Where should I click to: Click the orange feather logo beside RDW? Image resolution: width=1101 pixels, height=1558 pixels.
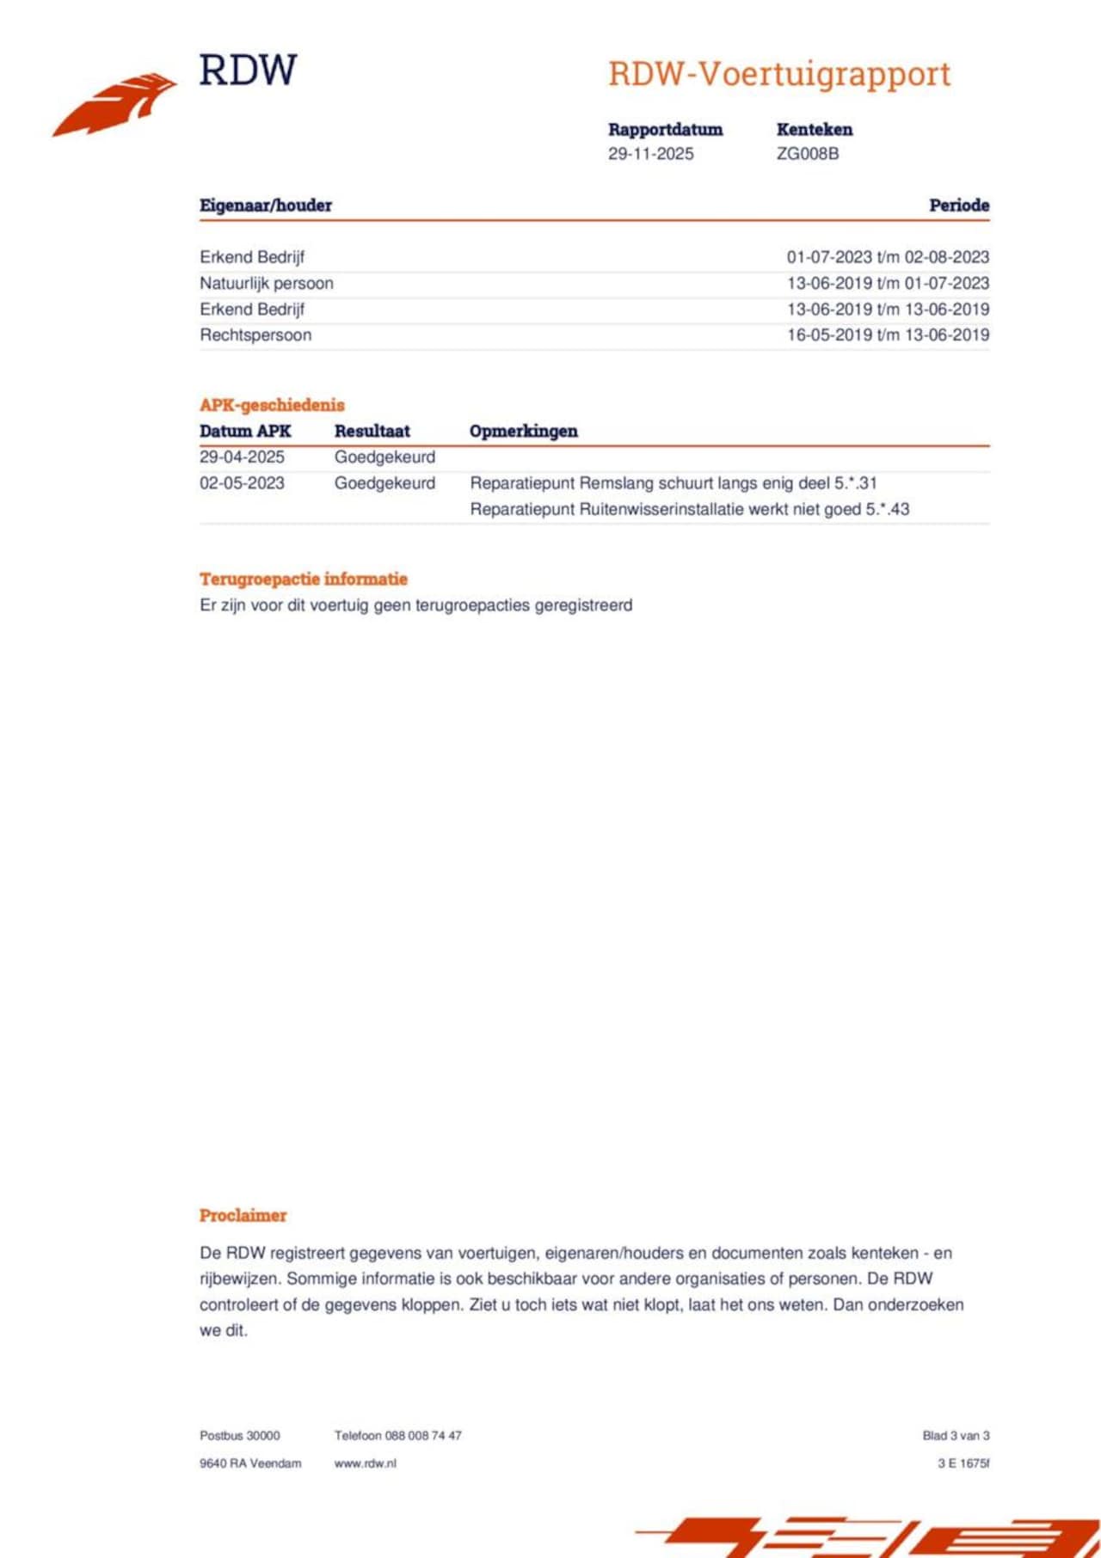[116, 103]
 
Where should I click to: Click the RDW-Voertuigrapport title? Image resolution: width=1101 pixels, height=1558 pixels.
[779, 74]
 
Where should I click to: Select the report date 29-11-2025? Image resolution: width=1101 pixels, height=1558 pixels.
[650, 154]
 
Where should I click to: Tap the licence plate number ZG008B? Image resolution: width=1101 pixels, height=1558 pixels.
[807, 154]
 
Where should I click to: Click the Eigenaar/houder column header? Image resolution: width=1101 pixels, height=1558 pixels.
[266, 205]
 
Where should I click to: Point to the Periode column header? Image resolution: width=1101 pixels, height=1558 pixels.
[958, 205]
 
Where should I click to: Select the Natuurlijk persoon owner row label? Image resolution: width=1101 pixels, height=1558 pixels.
[267, 283]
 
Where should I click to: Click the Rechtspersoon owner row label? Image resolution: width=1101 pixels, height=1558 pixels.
[255, 335]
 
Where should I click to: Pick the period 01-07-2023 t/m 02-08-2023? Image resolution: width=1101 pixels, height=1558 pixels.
[888, 257]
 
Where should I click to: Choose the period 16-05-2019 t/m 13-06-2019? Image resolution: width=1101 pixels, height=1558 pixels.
[888, 335]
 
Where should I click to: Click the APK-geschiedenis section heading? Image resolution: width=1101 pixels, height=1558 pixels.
[272, 405]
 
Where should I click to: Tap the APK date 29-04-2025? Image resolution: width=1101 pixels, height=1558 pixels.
[242, 457]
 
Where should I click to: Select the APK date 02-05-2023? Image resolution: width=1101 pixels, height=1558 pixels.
[242, 483]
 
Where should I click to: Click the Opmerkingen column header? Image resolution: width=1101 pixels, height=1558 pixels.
[523, 432]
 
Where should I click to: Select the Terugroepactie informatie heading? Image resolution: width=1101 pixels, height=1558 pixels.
[304, 579]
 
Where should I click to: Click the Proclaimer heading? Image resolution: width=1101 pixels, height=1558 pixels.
[243, 1216]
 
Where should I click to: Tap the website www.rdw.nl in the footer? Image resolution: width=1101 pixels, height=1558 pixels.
[365, 1463]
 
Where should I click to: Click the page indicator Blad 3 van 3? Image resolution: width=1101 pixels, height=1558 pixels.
[956, 1436]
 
